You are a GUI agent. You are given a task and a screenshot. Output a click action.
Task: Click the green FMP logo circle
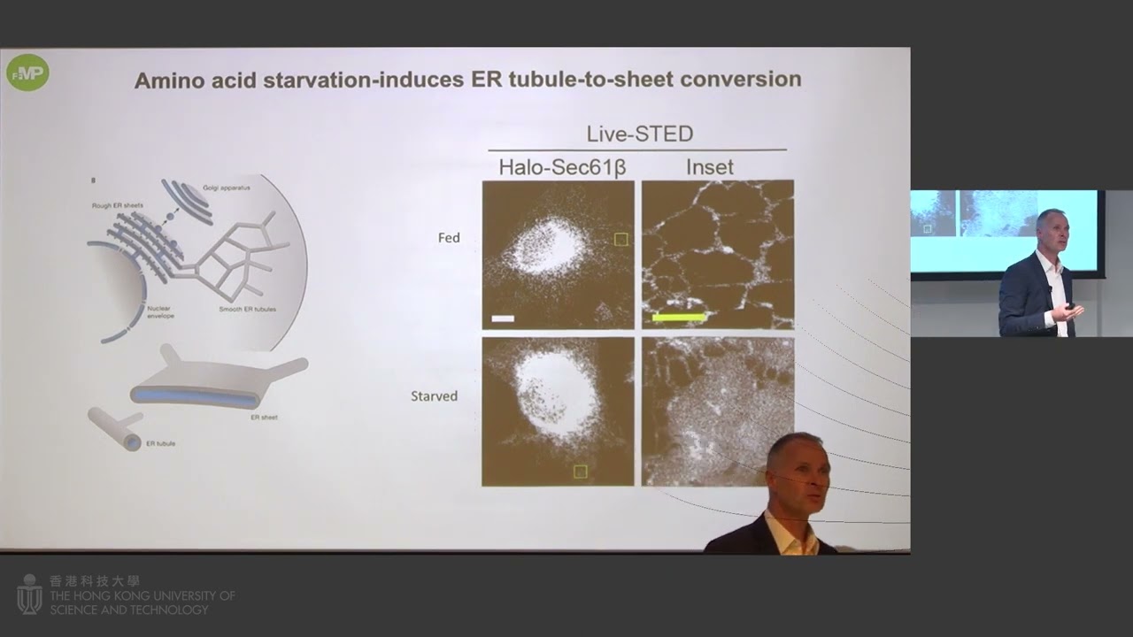point(27,73)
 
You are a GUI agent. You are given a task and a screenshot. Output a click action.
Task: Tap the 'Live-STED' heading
point(639,134)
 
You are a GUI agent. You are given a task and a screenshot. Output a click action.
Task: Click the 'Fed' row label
point(449,238)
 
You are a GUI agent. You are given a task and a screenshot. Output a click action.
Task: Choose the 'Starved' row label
point(434,395)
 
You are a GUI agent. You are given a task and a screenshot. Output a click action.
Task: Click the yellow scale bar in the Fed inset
point(679,316)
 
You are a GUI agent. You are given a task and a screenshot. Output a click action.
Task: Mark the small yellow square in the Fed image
point(621,239)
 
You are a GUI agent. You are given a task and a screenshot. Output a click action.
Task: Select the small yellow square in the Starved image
point(580,472)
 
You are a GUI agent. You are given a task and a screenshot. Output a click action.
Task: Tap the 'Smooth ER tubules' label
point(244,310)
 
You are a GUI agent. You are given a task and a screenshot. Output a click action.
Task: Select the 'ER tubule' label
point(160,442)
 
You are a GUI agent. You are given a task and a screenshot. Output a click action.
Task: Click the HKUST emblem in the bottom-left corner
point(29,595)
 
